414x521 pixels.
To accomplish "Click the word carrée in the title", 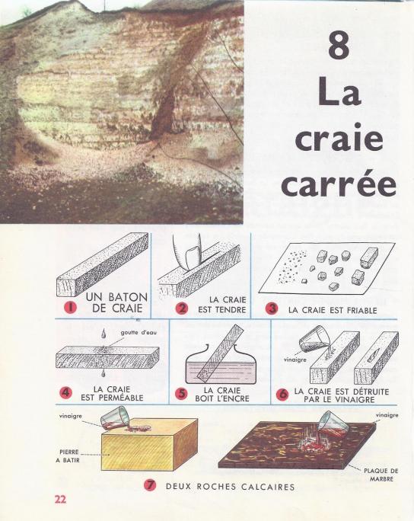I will pos(335,187).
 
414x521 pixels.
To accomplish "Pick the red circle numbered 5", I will pos(181,394).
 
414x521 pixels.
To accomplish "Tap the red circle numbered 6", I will pos(282,394).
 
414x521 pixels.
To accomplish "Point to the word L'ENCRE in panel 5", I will pos(209,397).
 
